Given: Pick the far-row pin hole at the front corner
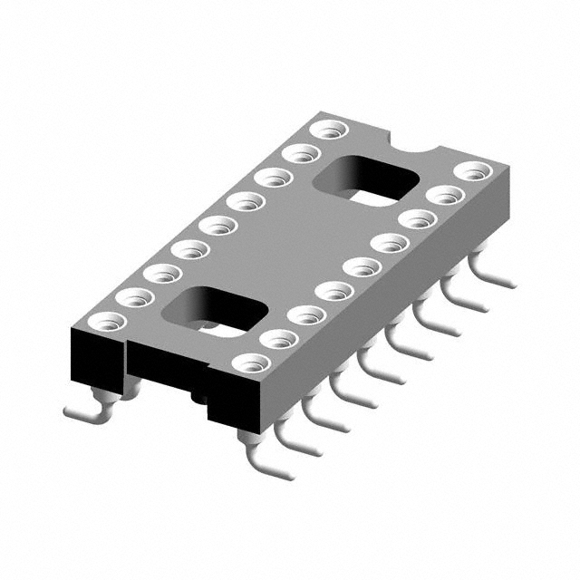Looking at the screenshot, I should [x=109, y=320].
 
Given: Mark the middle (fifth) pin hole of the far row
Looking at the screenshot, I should [x=216, y=225].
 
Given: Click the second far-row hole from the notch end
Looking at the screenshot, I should [x=296, y=155].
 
